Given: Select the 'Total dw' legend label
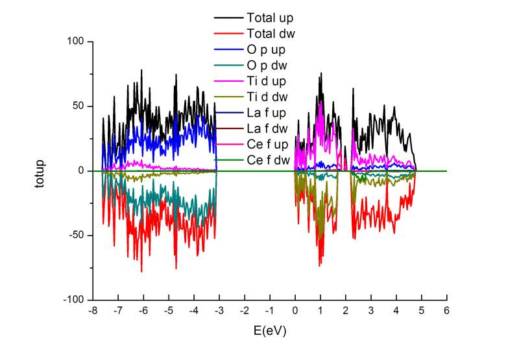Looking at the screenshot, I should tap(267, 32).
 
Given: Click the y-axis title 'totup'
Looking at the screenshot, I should tap(40, 171).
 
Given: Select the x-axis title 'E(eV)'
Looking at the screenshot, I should tap(270, 330).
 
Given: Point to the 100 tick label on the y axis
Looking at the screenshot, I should tap(77, 42).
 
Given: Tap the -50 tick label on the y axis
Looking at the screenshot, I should tap(77, 235).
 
